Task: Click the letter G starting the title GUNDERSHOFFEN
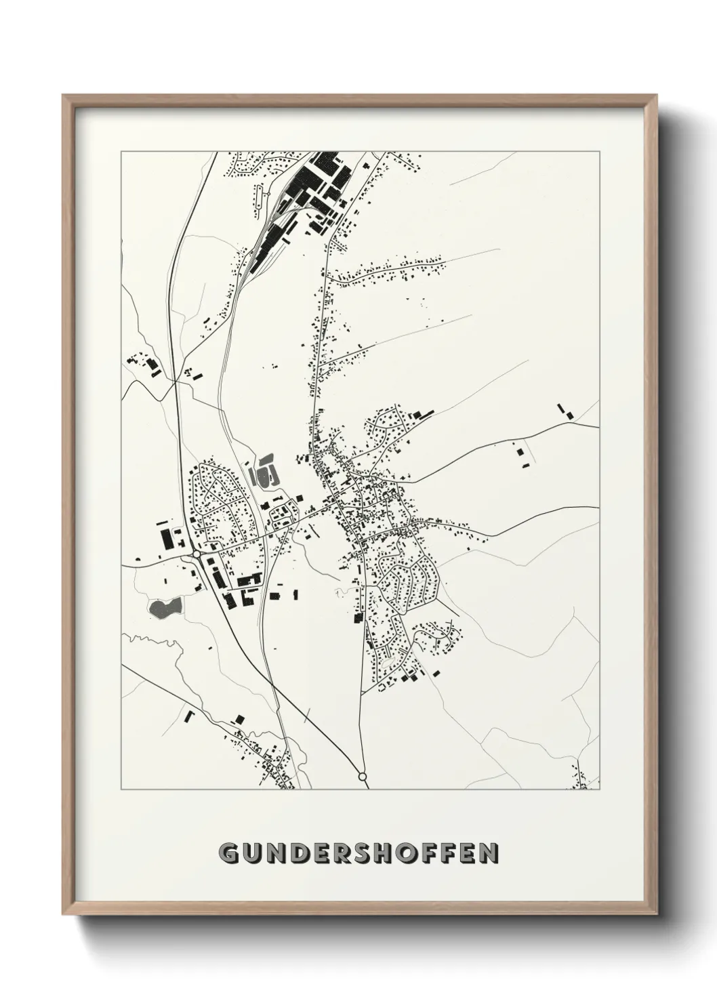tap(229, 853)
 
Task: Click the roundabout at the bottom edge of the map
tap(362, 776)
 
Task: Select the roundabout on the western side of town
tap(196, 554)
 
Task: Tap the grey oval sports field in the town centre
tap(264, 471)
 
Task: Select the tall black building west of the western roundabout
tap(166, 539)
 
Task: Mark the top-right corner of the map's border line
tap(599, 152)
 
